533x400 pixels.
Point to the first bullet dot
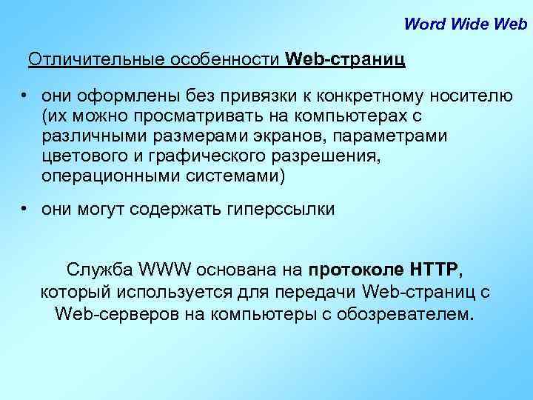pos(24,96)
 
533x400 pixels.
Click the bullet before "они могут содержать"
pos(24,209)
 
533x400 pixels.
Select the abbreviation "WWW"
pos(170,268)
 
